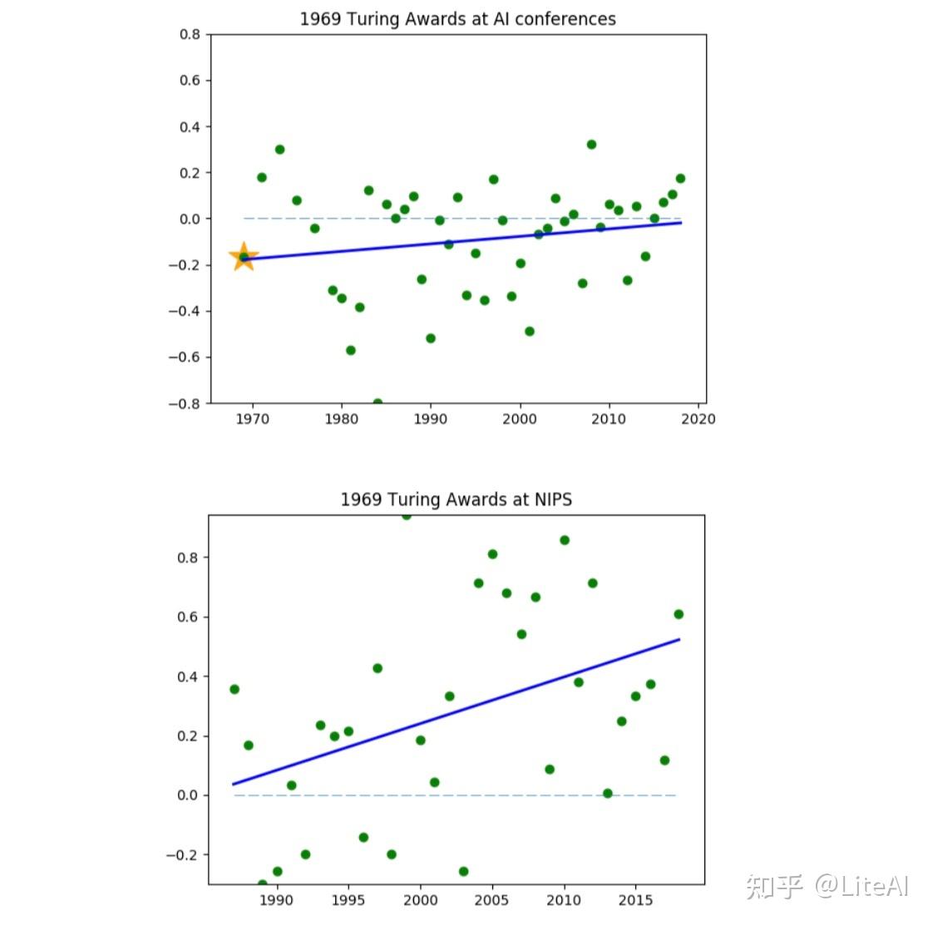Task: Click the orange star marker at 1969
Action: tap(243, 257)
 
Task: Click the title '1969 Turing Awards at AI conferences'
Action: tap(457, 19)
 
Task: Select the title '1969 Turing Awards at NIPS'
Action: tap(456, 499)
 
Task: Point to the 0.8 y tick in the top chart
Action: tap(190, 35)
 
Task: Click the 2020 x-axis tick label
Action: tap(698, 420)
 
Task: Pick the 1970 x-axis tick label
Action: tap(252, 420)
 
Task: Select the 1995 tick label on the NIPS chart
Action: tap(348, 900)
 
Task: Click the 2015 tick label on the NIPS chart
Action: tap(635, 900)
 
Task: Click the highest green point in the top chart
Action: tap(591, 145)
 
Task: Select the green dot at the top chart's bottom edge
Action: tap(378, 403)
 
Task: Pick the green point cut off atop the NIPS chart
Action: tap(406, 515)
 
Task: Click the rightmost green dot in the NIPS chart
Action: tap(679, 614)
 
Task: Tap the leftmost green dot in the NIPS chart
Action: tap(234, 689)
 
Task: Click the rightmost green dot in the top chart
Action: tap(680, 179)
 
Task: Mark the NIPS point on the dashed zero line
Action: tap(607, 794)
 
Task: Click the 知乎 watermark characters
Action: tap(773, 886)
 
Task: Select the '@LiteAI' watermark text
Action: tap(861, 886)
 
